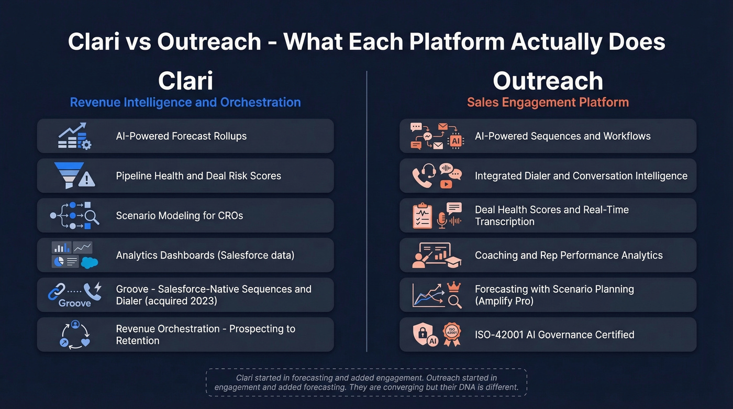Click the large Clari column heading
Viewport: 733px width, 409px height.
click(185, 81)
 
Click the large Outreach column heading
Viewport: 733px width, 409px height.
click(548, 81)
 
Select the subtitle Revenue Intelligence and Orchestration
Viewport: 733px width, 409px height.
click(185, 102)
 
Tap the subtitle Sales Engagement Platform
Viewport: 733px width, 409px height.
click(548, 102)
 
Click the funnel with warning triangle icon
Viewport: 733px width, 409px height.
click(74, 175)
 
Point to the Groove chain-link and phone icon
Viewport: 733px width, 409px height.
click(74, 295)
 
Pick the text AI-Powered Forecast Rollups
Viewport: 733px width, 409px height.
click(181, 136)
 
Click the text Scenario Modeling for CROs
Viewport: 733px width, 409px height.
click(180, 215)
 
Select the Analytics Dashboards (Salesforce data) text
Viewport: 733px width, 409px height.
click(205, 255)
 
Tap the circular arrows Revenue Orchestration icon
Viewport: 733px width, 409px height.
click(75, 335)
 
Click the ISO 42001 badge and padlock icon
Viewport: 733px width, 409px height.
click(437, 335)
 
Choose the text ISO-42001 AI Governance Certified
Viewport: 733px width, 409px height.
click(554, 335)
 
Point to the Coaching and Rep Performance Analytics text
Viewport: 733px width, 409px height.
click(569, 255)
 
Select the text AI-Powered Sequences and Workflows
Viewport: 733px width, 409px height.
click(562, 136)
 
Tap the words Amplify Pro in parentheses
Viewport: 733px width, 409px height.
click(505, 301)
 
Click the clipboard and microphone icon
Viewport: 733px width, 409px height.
click(437, 215)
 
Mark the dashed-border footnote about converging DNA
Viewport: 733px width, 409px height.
click(366, 382)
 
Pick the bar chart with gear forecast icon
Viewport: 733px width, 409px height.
click(74, 136)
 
